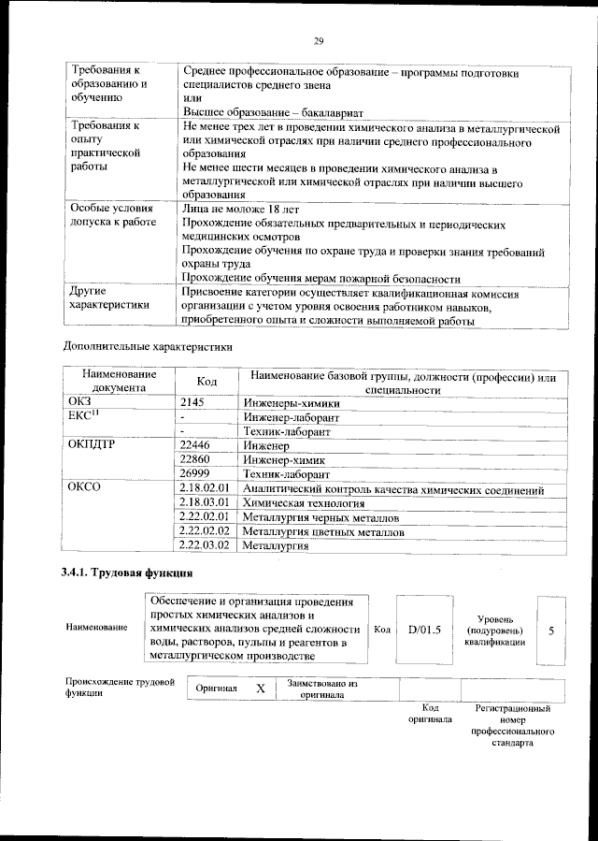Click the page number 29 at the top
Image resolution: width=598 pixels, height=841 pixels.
click(x=318, y=38)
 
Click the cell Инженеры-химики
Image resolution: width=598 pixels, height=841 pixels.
click(x=291, y=402)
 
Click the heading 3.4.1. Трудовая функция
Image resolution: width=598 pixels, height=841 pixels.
click(x=128, y=573)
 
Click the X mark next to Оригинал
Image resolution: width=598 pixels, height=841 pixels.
click(x=261, y=689)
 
